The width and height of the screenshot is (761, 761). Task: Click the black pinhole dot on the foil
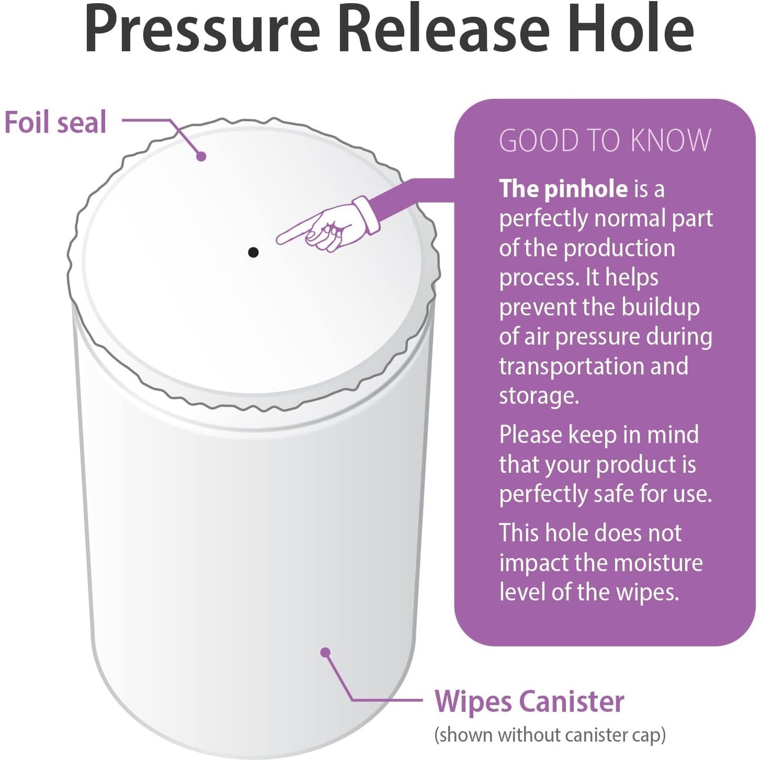click(x=253, y=252)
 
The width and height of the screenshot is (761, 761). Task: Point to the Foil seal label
click(x=55, y=122)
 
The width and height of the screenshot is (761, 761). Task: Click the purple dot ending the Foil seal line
click(x=201, y=156)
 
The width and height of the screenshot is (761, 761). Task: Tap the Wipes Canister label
click(x=529, y=701)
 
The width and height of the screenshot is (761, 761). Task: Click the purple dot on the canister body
click(x=325, y=653)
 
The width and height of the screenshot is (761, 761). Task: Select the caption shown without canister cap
click(x=550, y=735)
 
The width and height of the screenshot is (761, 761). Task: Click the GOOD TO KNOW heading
click(x=605, y=141)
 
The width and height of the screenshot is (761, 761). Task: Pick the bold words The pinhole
click(x=563, y=189)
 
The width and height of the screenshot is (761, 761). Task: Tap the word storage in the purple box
click(x=538, y=396)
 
